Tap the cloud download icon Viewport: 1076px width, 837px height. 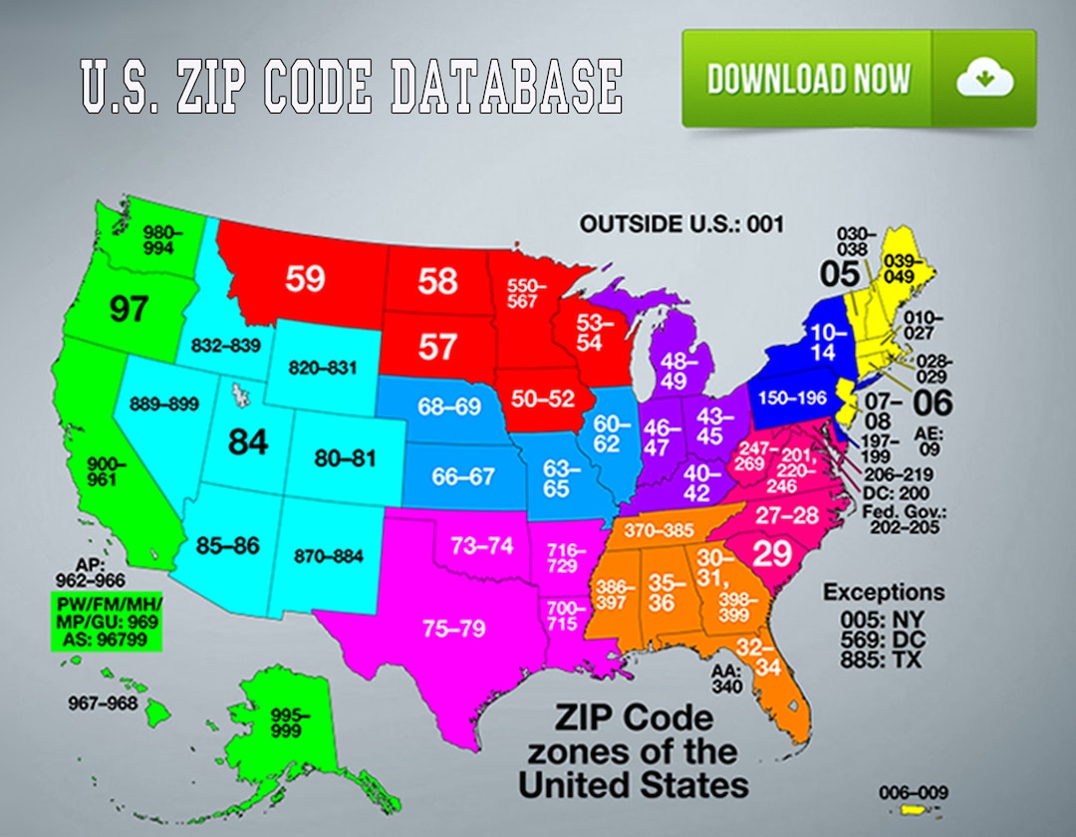point(984,79)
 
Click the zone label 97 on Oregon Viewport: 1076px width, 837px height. point(130,309)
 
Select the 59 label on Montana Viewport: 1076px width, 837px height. point(305,279)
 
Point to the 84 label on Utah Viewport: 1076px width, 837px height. point(247,441)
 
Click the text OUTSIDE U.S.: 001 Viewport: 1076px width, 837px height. point(681,224)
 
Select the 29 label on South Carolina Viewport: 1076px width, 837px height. point(771,555)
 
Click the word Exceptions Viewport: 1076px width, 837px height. point(883,592)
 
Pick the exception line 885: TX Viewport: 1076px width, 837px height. point(881,660)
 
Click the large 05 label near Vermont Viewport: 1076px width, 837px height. point(840,271)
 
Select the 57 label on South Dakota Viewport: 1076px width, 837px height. point(436,347)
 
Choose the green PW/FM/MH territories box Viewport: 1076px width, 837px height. point(106,623)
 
